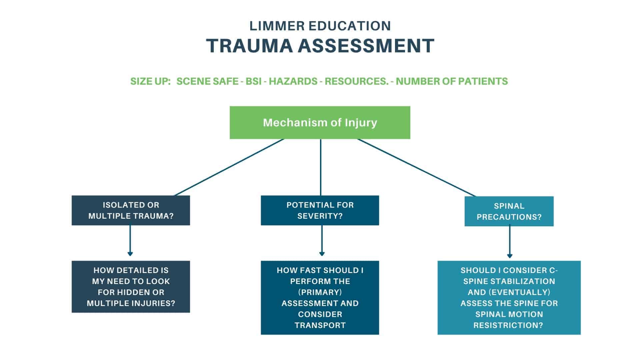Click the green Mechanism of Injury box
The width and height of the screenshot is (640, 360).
click(x=320, y=122)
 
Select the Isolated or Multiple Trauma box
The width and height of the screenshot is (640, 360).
click(x=131, y=210)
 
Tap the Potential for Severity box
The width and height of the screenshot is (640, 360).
click(x=320, y=210)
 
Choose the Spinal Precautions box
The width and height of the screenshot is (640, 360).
click(x=509, y=211)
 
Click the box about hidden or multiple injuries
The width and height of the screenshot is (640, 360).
click(x=131, y=287)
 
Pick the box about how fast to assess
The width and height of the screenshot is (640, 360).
click(x=320, y=297)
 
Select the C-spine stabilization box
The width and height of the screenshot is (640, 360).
click(x=509, y=297)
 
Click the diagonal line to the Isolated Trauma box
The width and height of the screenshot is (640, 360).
click(x=229, y=167)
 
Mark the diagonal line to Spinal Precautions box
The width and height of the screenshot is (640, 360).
click(x=417, y=168)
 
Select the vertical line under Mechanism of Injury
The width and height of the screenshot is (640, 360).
click(x=321, y=167)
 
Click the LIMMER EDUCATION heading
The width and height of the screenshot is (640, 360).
click(x=320, y=26)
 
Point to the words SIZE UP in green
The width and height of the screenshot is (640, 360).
click(x=150, y=81)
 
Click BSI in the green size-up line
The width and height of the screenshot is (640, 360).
click(x=253, y=81)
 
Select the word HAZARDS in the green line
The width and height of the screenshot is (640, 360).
click(x=293, y=81)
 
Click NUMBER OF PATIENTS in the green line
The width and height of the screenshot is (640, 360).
click(x=452, y=81)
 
